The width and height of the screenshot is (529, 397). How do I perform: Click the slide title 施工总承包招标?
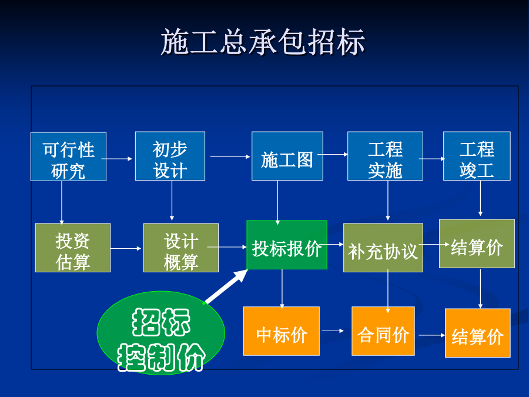[263, 42]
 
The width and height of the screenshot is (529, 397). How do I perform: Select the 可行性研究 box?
[69, 156]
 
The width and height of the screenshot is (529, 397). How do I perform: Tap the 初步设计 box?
[170, 156]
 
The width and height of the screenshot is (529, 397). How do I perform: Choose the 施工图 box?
[287, 156]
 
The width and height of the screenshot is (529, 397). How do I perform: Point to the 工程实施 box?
[385, 156]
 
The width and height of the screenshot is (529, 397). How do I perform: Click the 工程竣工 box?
[477, 156]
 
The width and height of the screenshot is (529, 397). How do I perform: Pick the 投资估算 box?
[73, 248]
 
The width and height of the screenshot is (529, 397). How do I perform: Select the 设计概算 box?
[181, 248]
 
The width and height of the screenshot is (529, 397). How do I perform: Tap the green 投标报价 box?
[287, 245]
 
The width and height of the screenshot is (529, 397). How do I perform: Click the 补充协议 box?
[383, 248]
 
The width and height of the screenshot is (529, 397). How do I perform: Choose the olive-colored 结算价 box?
[477, 243]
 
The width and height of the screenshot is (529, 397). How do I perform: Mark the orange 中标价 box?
[282, 331]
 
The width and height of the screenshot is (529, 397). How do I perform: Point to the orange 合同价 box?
[383, 331]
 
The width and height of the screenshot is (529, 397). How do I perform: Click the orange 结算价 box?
[477, 333]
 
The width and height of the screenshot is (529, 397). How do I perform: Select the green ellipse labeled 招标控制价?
[161, 333]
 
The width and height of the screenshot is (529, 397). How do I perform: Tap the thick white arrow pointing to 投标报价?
[226, 287]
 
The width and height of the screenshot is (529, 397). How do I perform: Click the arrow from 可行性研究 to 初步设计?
[117, 158]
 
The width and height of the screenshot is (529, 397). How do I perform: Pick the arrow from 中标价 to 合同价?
[333, 331]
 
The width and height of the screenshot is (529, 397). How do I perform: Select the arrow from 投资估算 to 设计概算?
[126, 248]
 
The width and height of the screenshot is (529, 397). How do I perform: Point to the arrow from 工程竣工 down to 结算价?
[480, 198]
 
